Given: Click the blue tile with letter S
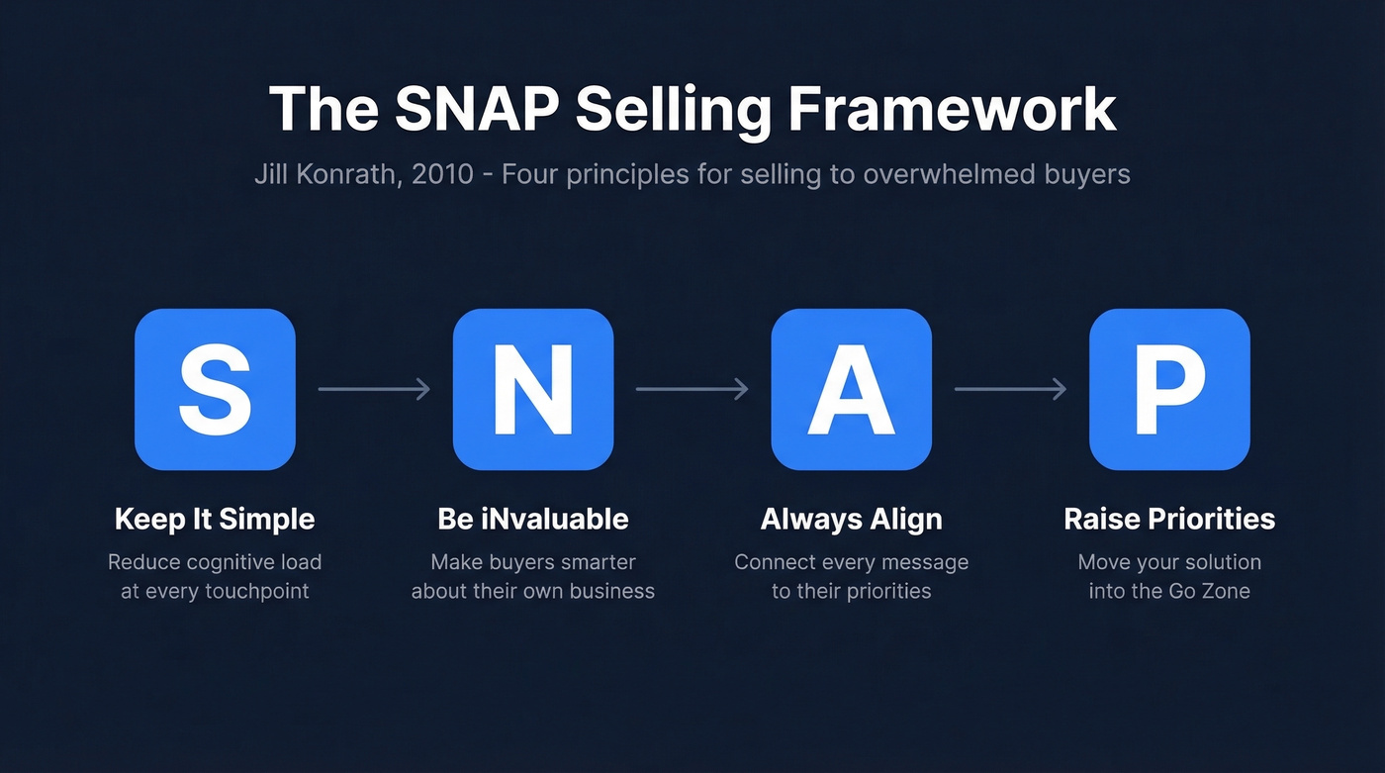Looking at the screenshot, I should (215, 389).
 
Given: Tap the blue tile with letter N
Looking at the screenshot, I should (533, 389).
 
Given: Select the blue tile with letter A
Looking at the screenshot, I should (851, 389).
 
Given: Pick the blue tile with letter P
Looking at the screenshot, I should (1169, 389).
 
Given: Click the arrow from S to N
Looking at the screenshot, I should (374, 389).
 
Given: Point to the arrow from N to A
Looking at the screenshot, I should (692, 389).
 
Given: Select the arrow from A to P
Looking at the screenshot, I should (1010, 389).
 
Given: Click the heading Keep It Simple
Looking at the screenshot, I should (215, 519).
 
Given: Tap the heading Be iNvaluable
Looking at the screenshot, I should (533, 519).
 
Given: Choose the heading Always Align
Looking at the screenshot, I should (851, 519).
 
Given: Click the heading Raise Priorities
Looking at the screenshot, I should (1169, 519).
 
